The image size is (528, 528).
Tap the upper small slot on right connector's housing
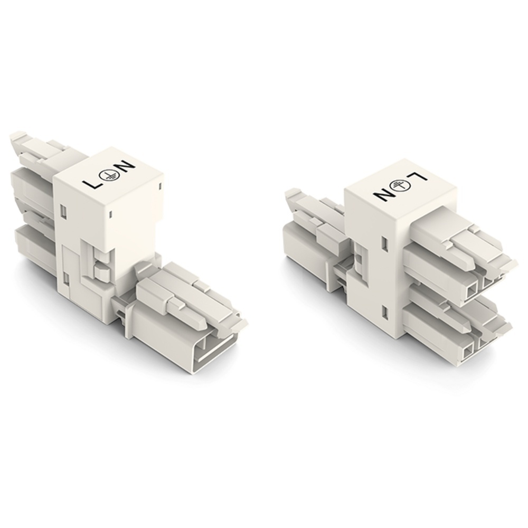pyautogui.click(x=384, y=244)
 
